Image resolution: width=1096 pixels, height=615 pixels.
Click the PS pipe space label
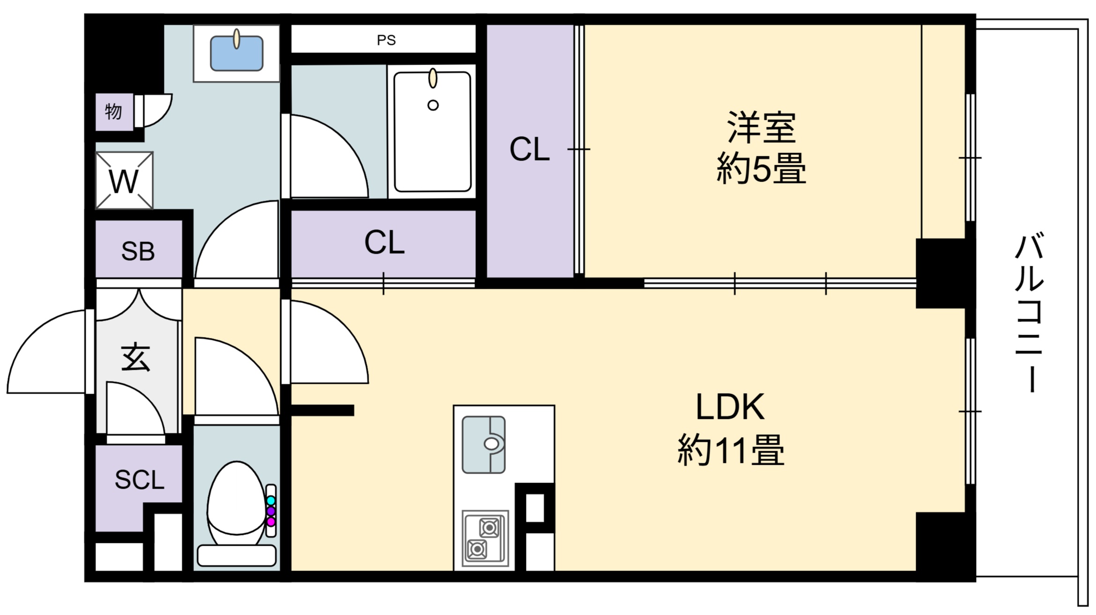386,40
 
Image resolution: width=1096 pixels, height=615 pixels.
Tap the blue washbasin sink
237,53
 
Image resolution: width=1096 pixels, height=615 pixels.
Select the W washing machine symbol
124,180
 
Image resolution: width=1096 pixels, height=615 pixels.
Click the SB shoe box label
138,251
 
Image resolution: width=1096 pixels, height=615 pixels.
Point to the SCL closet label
140,480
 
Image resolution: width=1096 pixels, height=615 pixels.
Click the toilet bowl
236,503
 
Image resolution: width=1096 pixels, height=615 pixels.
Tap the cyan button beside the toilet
271,500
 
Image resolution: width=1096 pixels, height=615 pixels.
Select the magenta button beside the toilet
271,521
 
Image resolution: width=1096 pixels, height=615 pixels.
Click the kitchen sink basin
484,445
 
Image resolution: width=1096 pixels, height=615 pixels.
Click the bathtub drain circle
433,105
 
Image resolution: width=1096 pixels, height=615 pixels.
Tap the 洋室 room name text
762,127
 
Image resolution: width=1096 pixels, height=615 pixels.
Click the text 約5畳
761,168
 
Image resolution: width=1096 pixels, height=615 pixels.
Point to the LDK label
730,407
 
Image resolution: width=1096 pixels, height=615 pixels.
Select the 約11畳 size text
731,449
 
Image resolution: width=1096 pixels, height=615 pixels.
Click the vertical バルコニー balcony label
1029,314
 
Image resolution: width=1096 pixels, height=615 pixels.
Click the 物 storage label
114,112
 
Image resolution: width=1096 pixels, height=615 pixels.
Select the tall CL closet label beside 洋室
529,149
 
